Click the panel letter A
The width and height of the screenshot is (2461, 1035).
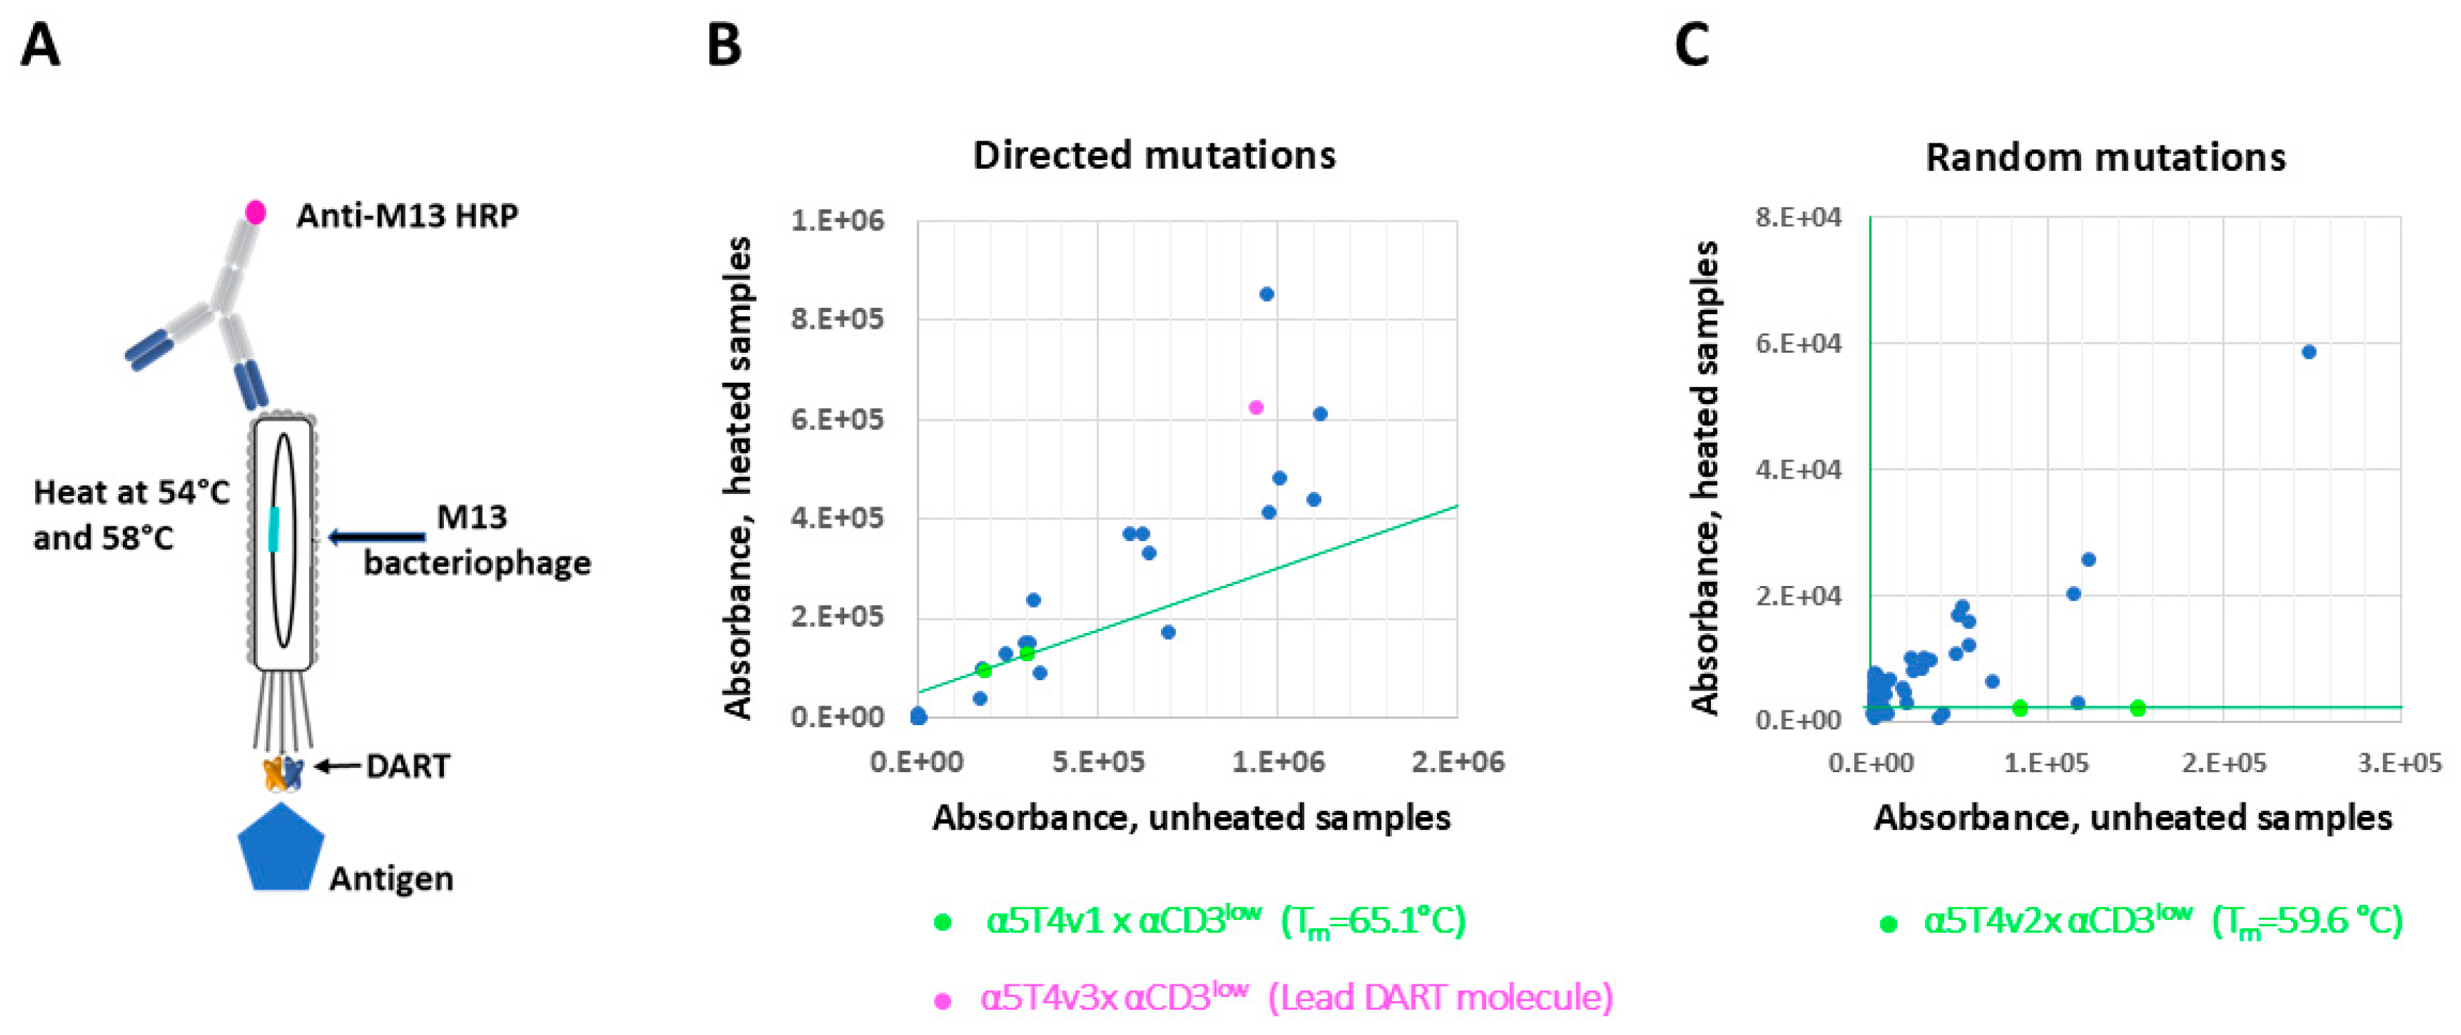click(40, 45)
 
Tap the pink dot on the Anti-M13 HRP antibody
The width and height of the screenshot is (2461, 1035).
click(255, 212)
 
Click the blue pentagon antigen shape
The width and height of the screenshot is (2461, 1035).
click(280, 849)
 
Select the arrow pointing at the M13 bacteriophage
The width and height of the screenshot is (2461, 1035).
click(377, 537)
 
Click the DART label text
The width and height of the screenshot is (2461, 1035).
click(408, 767)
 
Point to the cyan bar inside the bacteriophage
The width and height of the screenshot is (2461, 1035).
click(274, 528)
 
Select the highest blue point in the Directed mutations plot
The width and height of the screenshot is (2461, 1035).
click(1267, 294)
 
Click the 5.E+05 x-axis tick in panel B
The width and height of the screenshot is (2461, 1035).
click(1097, 762)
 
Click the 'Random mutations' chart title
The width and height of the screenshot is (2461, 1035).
click(2106, 157)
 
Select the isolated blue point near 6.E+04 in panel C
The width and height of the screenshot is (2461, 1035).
click(2309, 352)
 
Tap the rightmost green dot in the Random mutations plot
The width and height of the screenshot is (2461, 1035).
click(2138, 708)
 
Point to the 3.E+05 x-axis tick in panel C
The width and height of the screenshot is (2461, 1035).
click(2399, 762)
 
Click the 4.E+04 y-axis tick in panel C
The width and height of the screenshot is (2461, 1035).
click(1798, 470)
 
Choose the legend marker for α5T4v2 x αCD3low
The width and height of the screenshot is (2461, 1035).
click(1888, 923)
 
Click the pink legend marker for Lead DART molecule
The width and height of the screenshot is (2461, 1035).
click(943, 1001)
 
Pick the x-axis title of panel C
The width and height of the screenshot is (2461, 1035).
click(2132, 818)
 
